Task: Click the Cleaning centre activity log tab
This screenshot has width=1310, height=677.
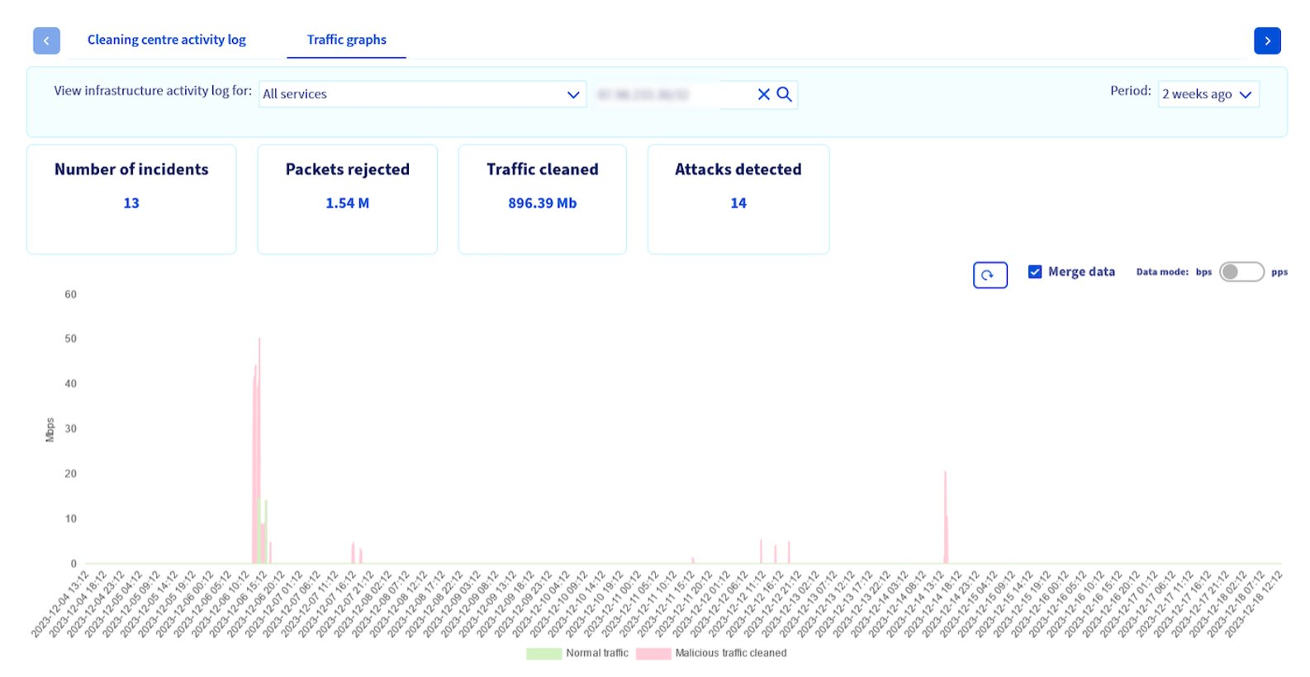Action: coord(166,40)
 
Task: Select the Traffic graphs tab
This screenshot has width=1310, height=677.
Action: coord(346,40)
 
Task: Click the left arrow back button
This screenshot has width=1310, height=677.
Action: coord(46,40)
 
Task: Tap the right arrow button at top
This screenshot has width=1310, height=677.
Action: coord(1267,40)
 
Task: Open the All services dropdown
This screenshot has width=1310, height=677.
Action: coord(422,94)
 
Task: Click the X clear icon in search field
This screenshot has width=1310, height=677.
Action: coord(764,94)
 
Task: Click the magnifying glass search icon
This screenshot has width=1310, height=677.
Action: coord(785,94)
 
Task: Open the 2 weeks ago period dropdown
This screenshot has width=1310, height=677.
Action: coord(1208,94)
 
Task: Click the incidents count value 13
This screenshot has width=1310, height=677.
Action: coord(131,203)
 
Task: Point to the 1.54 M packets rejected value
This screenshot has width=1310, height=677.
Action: coord(347,203)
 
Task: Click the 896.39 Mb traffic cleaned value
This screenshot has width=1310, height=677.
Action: coord(542,203)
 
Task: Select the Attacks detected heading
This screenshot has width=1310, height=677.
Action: coord(738,169)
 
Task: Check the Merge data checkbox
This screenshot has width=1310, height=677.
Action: coord(1035,272)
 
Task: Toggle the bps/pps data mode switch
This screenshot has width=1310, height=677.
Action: coord(1241,272)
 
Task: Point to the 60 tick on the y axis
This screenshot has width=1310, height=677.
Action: coord(71,295)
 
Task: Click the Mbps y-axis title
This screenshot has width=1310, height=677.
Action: coord(50,429)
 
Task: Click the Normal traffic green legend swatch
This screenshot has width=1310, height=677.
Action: coord(543,653)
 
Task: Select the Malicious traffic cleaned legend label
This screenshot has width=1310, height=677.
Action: coord(731,653)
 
